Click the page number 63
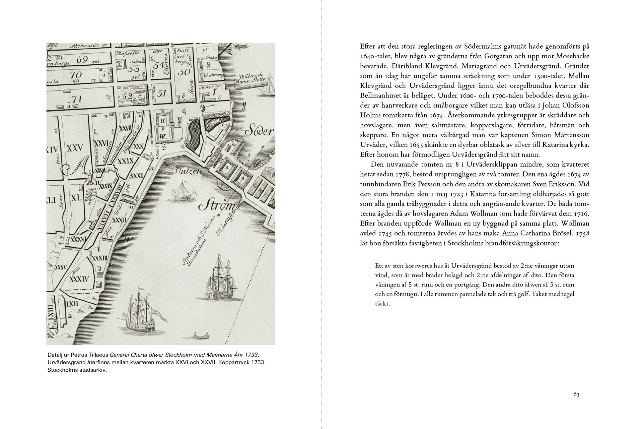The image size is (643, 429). click(576, 394)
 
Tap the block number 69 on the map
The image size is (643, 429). click(82, 60)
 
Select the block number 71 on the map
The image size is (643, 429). click(77, 99)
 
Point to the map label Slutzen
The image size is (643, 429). click(187, 171)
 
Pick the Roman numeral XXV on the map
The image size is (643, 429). click(75, 148)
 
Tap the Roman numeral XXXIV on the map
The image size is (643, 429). click(79, 279)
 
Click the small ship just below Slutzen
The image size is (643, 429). click(183, 190)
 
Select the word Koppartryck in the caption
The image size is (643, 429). click(234, 363)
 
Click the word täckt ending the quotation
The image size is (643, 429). click(382, 304)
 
